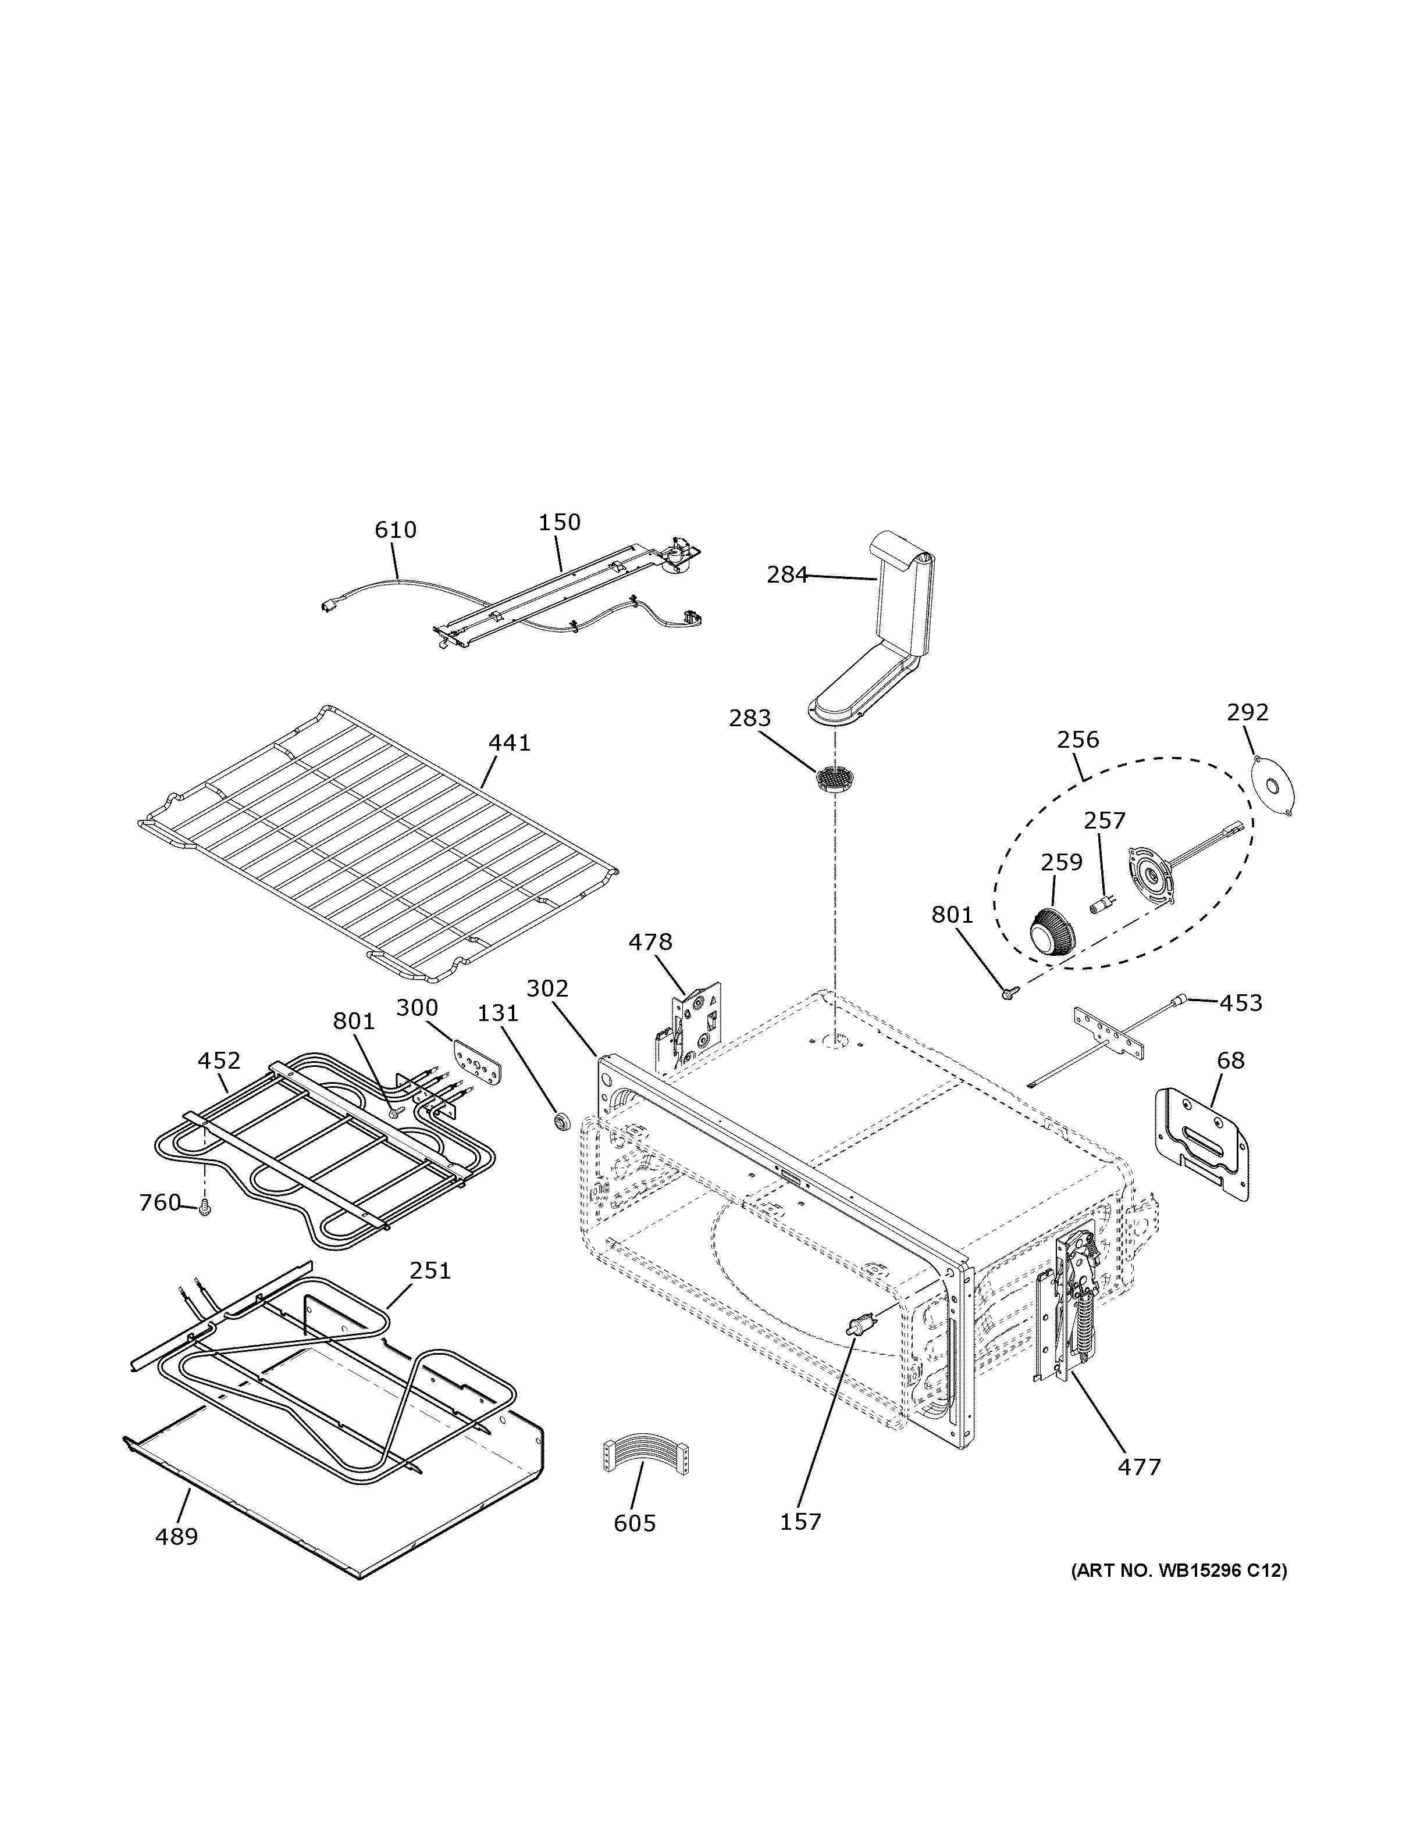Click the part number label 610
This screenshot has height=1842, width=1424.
click(396, 530)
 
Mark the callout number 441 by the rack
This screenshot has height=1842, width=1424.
click(510, 743)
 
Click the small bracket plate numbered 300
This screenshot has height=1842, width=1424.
click(478, 1059)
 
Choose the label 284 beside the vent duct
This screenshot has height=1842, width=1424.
click(786, 575)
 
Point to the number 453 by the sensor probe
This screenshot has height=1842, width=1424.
click(1241, 1003)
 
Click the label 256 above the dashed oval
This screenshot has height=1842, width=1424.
click(1078, 740)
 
